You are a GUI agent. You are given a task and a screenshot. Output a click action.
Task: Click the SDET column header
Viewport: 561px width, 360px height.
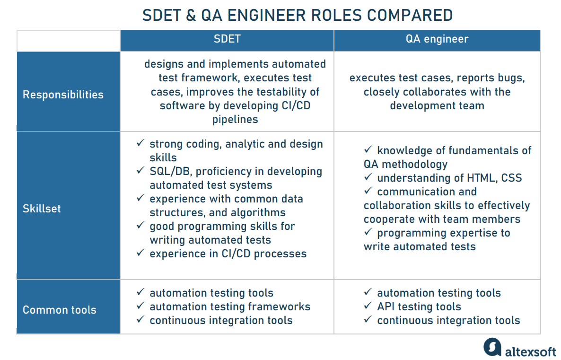227,39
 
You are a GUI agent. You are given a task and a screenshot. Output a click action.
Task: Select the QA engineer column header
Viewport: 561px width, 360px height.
437,39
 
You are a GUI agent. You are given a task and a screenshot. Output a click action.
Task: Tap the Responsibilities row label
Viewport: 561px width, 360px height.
63,95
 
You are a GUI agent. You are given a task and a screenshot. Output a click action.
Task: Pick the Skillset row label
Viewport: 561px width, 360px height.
42,209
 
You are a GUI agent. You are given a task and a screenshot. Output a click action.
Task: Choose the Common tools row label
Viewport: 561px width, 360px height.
60,310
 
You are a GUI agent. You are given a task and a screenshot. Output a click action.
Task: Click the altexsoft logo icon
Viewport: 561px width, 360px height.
492,347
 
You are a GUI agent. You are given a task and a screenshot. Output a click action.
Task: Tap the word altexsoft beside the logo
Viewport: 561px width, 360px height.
531,351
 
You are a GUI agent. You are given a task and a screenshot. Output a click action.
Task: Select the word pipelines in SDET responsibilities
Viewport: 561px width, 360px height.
235,119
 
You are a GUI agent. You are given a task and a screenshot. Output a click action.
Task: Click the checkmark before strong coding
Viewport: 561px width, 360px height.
140,143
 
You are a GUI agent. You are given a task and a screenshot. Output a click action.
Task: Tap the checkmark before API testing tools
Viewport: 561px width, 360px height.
368,306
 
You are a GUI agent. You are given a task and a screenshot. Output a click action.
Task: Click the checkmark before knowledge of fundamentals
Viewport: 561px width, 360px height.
368,149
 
